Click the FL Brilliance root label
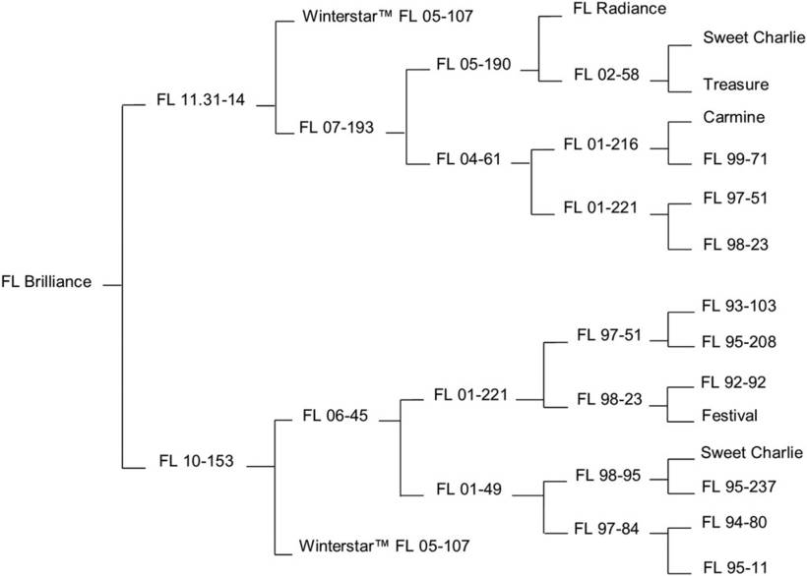(x=47, y=282)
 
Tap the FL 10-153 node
(x=196, y=460)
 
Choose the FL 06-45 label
(x=336, y=415)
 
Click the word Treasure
(x=735, y=86)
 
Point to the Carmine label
(x=734, y=117)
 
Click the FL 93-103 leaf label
(x=739, y=306)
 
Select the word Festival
(x=729, y=416)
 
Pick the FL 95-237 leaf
(x=739, y=486)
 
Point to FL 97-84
(x=606, y=530)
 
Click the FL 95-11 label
(x=735, y=567)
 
